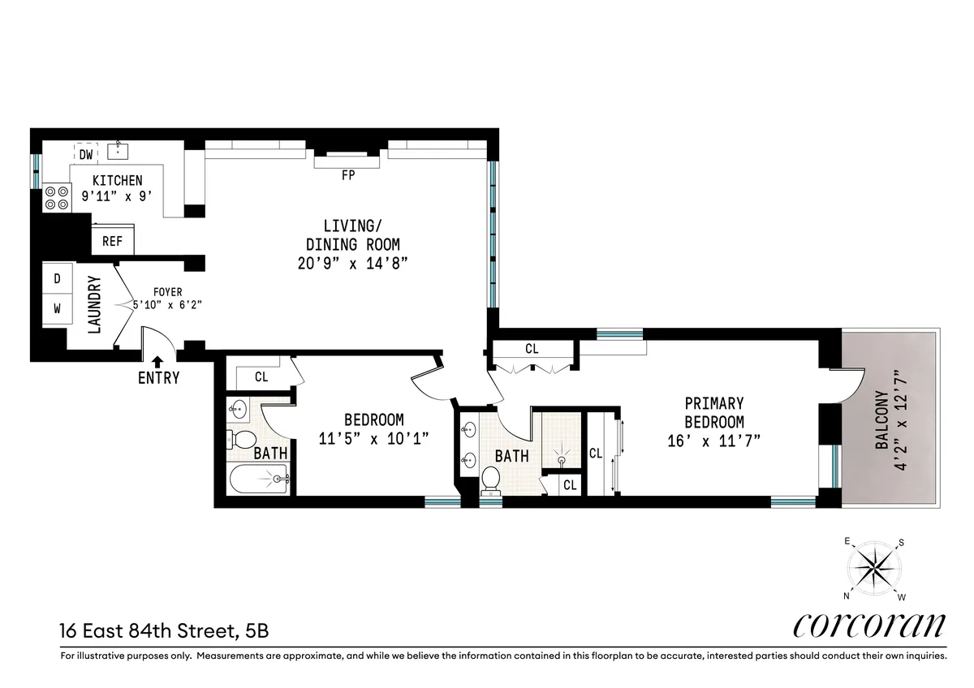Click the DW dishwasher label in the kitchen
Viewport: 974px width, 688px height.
(x=85, y=153)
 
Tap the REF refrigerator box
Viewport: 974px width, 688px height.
(x=112, y=241)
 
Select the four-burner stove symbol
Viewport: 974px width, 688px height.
(x=56, y=197)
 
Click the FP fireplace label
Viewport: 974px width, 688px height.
(x=348, y=174)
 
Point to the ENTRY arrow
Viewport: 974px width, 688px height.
(x=158, y=362)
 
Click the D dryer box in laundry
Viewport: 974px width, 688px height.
(x=57, y=277)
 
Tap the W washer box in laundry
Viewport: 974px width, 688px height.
(x=57, y=308)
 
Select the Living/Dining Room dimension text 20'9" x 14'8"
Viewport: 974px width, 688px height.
(x=352, y=262)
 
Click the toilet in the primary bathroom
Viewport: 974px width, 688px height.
(x=490, y=479)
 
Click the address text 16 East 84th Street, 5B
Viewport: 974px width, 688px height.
(x=163, y=629)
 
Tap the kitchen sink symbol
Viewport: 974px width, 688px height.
(x=119, y=151)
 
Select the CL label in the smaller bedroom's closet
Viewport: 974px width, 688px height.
(x=261, y=376)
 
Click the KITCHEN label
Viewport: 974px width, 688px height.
(x=117, y=180)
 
